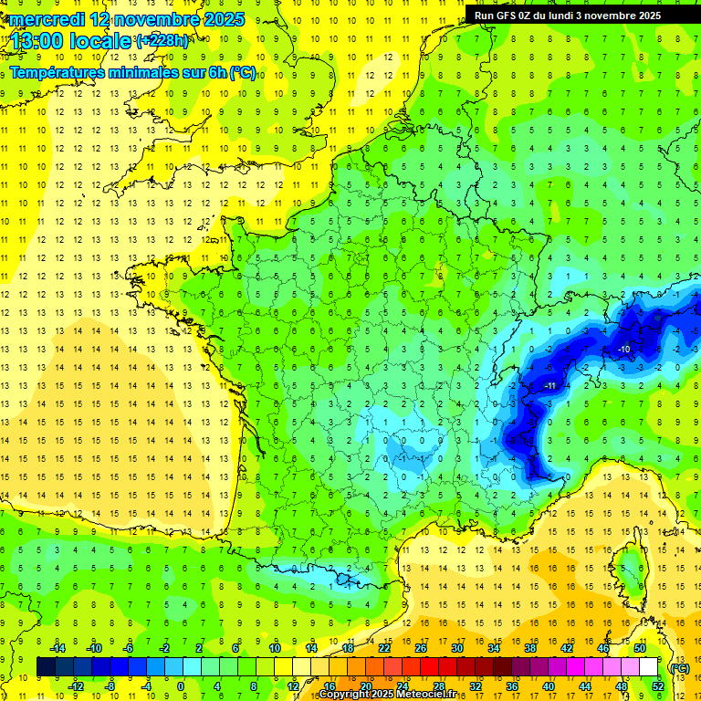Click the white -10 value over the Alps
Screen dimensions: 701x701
click(624, 350)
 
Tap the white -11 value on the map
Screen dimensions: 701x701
click(549, 386)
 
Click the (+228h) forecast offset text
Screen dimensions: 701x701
click(162, 41)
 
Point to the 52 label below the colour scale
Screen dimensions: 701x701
click(657, 685)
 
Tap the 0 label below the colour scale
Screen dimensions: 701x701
click(180, 685)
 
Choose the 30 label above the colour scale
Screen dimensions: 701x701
click(455, 648)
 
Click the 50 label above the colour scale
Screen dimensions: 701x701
click(639, 648)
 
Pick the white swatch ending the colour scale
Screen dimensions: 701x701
click(648, 667)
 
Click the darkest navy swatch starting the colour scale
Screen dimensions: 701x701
click(45, 667)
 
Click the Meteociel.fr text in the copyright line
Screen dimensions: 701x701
click(432, 695)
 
